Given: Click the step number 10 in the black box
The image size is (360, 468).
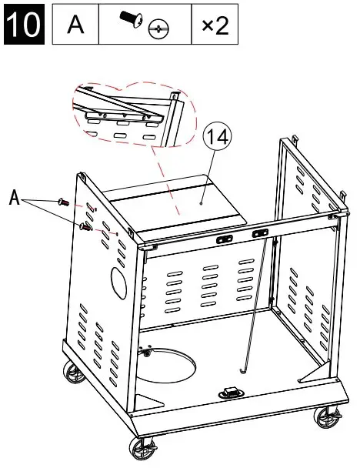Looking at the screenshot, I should tap(25, 25).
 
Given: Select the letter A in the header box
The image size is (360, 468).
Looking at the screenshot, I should tap(75, 25).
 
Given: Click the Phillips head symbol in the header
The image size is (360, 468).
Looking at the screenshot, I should tap(159, 29).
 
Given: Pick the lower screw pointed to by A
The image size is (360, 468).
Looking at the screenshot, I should tap(85, 226).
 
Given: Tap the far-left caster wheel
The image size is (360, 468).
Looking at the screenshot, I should tap(75, 375).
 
